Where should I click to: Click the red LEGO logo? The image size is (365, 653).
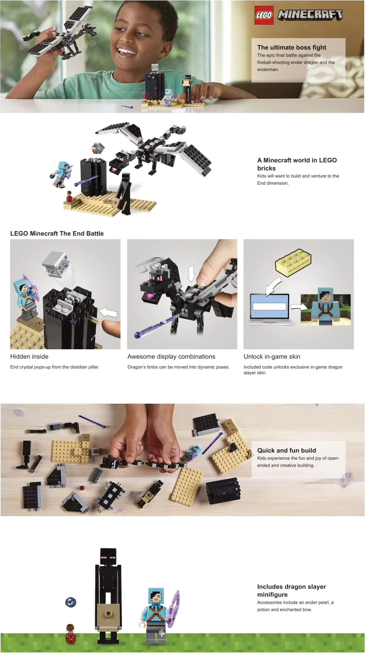(x=264, y=15)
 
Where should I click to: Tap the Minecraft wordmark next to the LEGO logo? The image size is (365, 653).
(x=310, y=15)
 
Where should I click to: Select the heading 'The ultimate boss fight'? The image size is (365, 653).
(x=292, y=47)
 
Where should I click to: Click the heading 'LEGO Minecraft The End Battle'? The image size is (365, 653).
(x=57, y=234)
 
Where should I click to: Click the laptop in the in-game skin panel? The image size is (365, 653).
(x=270, y=309)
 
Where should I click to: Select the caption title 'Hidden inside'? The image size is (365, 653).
(x=29, y=356)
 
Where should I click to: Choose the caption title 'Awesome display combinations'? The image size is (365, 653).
(x=171, y=356)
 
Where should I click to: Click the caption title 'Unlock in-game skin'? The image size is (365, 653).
(x=272, y=356)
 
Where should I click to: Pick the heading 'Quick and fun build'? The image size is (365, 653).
(x=287, y=450)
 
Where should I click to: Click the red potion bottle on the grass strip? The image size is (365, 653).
(x=70, y=634)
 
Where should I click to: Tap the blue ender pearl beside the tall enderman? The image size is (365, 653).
(x=71, y=602)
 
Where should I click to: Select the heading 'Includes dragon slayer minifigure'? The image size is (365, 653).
(x=292, y=591)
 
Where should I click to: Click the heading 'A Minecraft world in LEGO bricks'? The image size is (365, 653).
(x=297, y=164)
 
